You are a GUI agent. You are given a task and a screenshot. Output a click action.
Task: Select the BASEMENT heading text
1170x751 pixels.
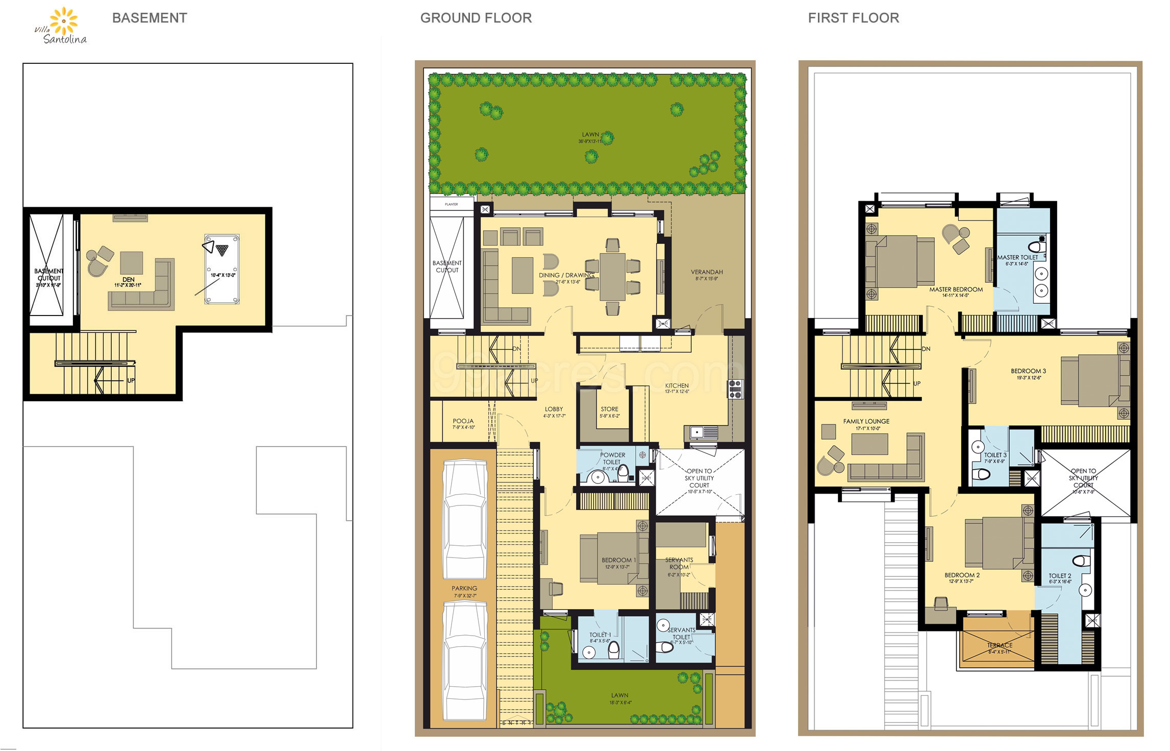150,18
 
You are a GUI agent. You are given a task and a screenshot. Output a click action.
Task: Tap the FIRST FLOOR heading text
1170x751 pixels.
853,18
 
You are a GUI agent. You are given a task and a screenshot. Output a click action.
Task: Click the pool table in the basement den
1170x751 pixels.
222,269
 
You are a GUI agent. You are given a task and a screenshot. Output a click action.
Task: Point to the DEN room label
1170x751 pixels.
128,280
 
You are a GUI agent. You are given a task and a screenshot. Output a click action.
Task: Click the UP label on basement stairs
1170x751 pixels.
131,380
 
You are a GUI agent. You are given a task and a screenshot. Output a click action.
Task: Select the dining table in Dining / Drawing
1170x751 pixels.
612,276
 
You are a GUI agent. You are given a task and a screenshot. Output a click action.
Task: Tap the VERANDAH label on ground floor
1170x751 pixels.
707,272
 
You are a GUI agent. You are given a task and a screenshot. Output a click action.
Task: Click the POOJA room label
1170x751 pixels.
463,421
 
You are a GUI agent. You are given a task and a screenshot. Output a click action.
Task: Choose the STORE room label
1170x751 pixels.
609,409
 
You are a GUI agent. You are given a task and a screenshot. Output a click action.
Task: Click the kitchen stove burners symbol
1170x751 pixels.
735,389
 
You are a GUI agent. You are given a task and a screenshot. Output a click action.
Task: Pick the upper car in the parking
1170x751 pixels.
465,518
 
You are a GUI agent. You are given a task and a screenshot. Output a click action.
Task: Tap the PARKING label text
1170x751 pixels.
464,588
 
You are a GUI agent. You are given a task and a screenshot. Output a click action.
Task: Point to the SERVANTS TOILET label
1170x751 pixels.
681,634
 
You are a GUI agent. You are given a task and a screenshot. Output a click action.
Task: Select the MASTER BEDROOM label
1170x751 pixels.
956,289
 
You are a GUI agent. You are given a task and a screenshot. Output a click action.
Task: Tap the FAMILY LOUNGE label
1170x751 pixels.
866,421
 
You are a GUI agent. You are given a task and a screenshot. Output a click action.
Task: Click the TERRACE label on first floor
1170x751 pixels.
999,645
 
